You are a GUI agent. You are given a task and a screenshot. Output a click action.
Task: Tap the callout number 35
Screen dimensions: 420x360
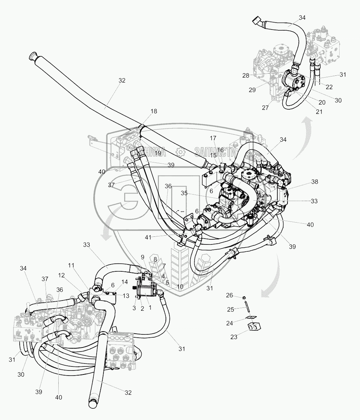[x=184, y=193]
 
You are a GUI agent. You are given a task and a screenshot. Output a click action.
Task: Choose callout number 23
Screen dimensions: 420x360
[x=234, y=337]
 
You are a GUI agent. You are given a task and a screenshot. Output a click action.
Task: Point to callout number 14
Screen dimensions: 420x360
[x=124, y=282]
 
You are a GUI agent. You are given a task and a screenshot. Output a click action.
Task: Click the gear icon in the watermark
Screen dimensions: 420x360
[x=179, y=151]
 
